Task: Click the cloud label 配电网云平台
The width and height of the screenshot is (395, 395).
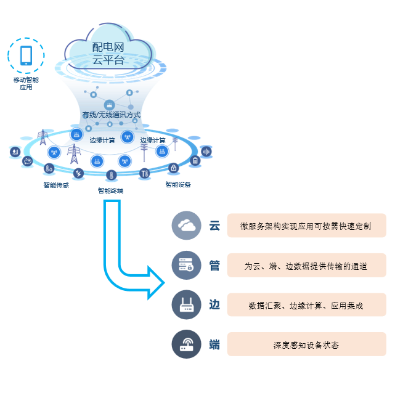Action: click(x=108, y=54)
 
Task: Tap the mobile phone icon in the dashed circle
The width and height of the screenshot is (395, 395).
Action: click(x=26, y=55)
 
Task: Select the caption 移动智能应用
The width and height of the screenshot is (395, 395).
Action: click(x=26, y=84)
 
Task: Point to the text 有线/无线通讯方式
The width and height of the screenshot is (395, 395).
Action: click(x=112, y=115)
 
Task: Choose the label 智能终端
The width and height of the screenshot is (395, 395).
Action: click(x=110, y=190)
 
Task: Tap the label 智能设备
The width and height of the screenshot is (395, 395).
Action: click(x=178, y=184)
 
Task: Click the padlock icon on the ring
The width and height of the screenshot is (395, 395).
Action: click(x=174, y=168)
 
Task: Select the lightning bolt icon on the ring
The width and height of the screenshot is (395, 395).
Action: click(x=78, y=173)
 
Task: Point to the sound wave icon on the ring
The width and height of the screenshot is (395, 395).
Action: click(x=206, y=152)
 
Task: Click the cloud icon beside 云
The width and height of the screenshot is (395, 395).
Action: click(x=186, y=226)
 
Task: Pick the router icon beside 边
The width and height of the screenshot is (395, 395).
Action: click(x=186, y=305)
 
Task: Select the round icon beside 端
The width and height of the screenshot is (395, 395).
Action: click(x=186, y=344)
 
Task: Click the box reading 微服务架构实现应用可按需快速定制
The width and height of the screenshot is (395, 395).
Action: click(x=306, y=226)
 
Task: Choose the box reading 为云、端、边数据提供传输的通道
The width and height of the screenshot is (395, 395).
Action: click(x=306, y=266)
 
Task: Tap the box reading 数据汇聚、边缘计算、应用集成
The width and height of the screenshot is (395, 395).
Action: click(x=306, y=305)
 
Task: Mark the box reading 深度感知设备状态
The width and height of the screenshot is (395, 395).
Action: click(x=306, y=344)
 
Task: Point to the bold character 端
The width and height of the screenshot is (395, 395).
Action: click(x=214, y=344)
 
